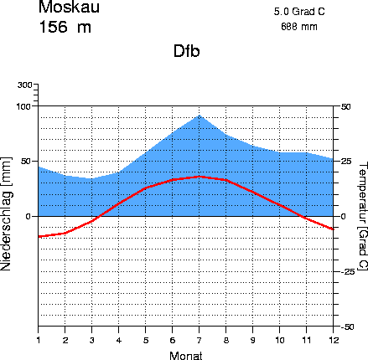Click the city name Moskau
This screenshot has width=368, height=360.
pyautogui.click(x=69, y=7)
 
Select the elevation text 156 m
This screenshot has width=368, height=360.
pyautogui.click(x=65, y=27)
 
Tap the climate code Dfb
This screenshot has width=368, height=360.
pyautogui.click(x=187, y=51)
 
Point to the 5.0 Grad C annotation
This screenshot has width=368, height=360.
pyautogui.click(x=299, y=12)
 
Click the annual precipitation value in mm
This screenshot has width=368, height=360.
pyautogui.click(x=299, y=27)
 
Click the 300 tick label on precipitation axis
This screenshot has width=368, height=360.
pyautogui.click(x=24, y=85)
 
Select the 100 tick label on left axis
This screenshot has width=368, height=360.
pyautogui.click(x=24, y=106)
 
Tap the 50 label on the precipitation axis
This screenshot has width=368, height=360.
pyautogui.click(x=27, y=162)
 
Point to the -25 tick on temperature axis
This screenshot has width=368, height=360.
pyautogui.click(x=348, y=271)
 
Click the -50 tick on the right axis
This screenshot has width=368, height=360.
pyautogui.click(x=348, y=327)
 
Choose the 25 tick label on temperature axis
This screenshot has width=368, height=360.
pyautogui.click(x=345, y=162)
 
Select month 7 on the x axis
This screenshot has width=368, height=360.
pyautogui.click(x=200, y=340)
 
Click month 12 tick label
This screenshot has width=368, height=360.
pyautogui.click(x=333, y=340)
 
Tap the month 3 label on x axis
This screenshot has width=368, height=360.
pyautogui.click(x=92, y=340)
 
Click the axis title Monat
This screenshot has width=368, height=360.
pyautogui.click(x=186, y=356)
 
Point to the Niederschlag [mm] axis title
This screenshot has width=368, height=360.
pyautogui.click(x=6, y=214)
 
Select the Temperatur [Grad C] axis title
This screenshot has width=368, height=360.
pyautogui.click(x=362, y=216)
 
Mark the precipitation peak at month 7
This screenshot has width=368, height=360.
pyautogui.click(x=200, y=115)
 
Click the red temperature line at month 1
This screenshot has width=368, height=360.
pyautogui.click(x=39, y=237)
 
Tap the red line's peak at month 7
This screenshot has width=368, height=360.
pyautogui.click(x=200, y=177)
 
